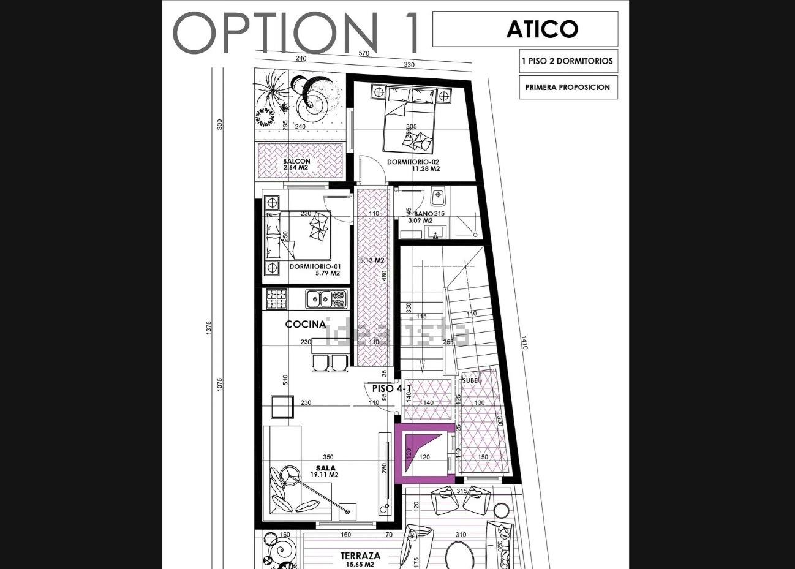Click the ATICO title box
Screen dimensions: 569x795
point(525,29)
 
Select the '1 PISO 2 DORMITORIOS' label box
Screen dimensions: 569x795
point(567,61)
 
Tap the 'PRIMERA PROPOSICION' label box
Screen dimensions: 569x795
point(567,87)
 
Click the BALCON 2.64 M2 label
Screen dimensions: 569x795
point(296,164)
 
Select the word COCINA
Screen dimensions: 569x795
point(305,324)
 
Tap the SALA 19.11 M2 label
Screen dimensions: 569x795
point(323,471)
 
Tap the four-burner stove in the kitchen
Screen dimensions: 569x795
point(276,299)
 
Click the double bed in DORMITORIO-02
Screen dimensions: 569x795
point(410,119)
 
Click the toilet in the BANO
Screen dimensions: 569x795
point(437,197)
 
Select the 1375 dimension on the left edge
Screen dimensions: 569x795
point(209,328)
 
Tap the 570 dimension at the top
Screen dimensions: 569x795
point(364,53)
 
